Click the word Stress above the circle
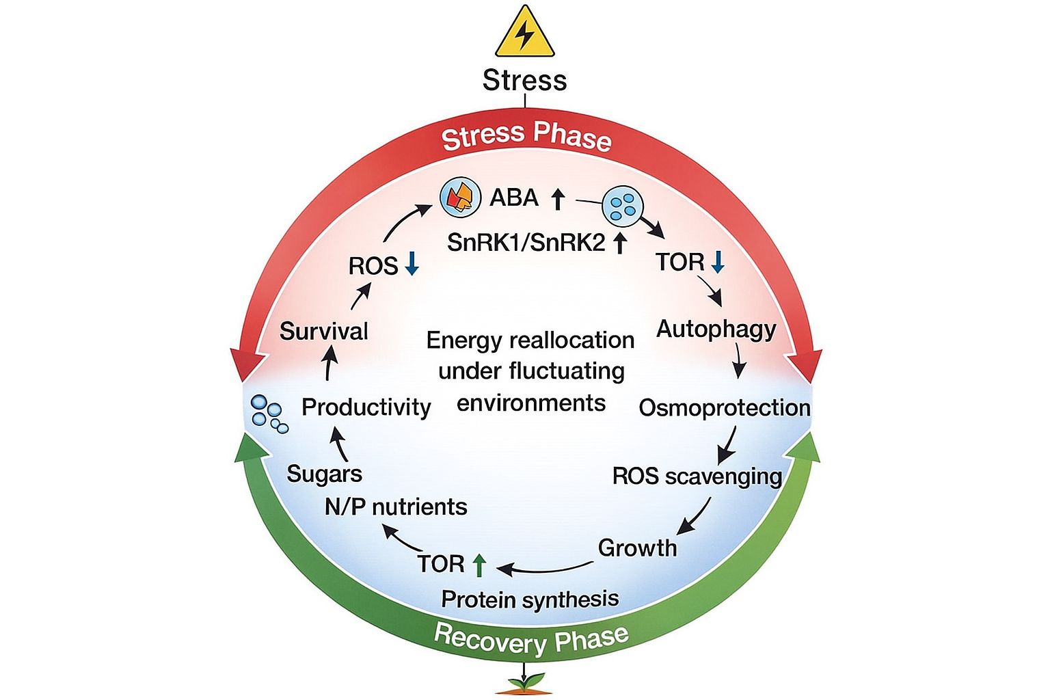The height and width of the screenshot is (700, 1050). coord(524,80)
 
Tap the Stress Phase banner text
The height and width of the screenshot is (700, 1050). coord(526,136)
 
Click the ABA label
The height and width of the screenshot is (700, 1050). coord(514,198)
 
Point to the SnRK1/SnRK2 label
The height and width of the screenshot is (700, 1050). coord(526,242)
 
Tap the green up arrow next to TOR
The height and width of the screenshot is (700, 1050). coord(479,564)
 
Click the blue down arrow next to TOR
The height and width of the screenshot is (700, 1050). coord(717,262)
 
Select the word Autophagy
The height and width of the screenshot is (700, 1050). coord(716,329)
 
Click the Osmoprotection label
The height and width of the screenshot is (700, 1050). coord(724,408)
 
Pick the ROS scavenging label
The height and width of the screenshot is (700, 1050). coord(697,476)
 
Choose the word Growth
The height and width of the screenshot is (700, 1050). coord(637,548)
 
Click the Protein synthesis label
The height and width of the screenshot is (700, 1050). coord(530,600)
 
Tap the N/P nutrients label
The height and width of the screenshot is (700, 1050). coord(395,507)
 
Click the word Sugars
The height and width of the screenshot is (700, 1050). coord(324,474)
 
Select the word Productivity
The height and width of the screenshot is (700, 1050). coord(366,407)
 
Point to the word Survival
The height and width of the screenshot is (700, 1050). coord(324,332)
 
